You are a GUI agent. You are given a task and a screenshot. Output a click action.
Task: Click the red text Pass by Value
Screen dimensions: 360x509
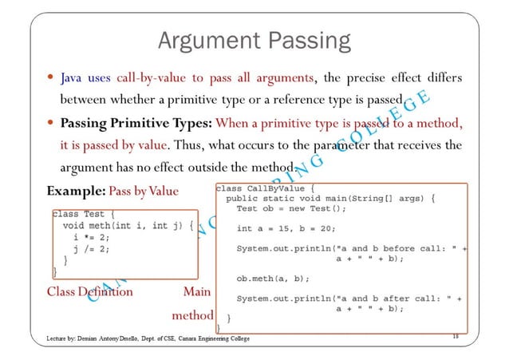144,192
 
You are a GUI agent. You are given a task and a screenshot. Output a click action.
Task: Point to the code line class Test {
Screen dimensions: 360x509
83,214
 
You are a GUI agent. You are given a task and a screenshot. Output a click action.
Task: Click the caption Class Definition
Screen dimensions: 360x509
89,291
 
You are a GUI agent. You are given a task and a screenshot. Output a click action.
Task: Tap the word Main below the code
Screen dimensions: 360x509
197,291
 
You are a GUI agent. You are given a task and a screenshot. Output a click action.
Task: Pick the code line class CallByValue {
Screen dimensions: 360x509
267,189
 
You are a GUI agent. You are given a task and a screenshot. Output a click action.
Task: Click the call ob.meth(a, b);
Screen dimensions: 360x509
273,279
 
